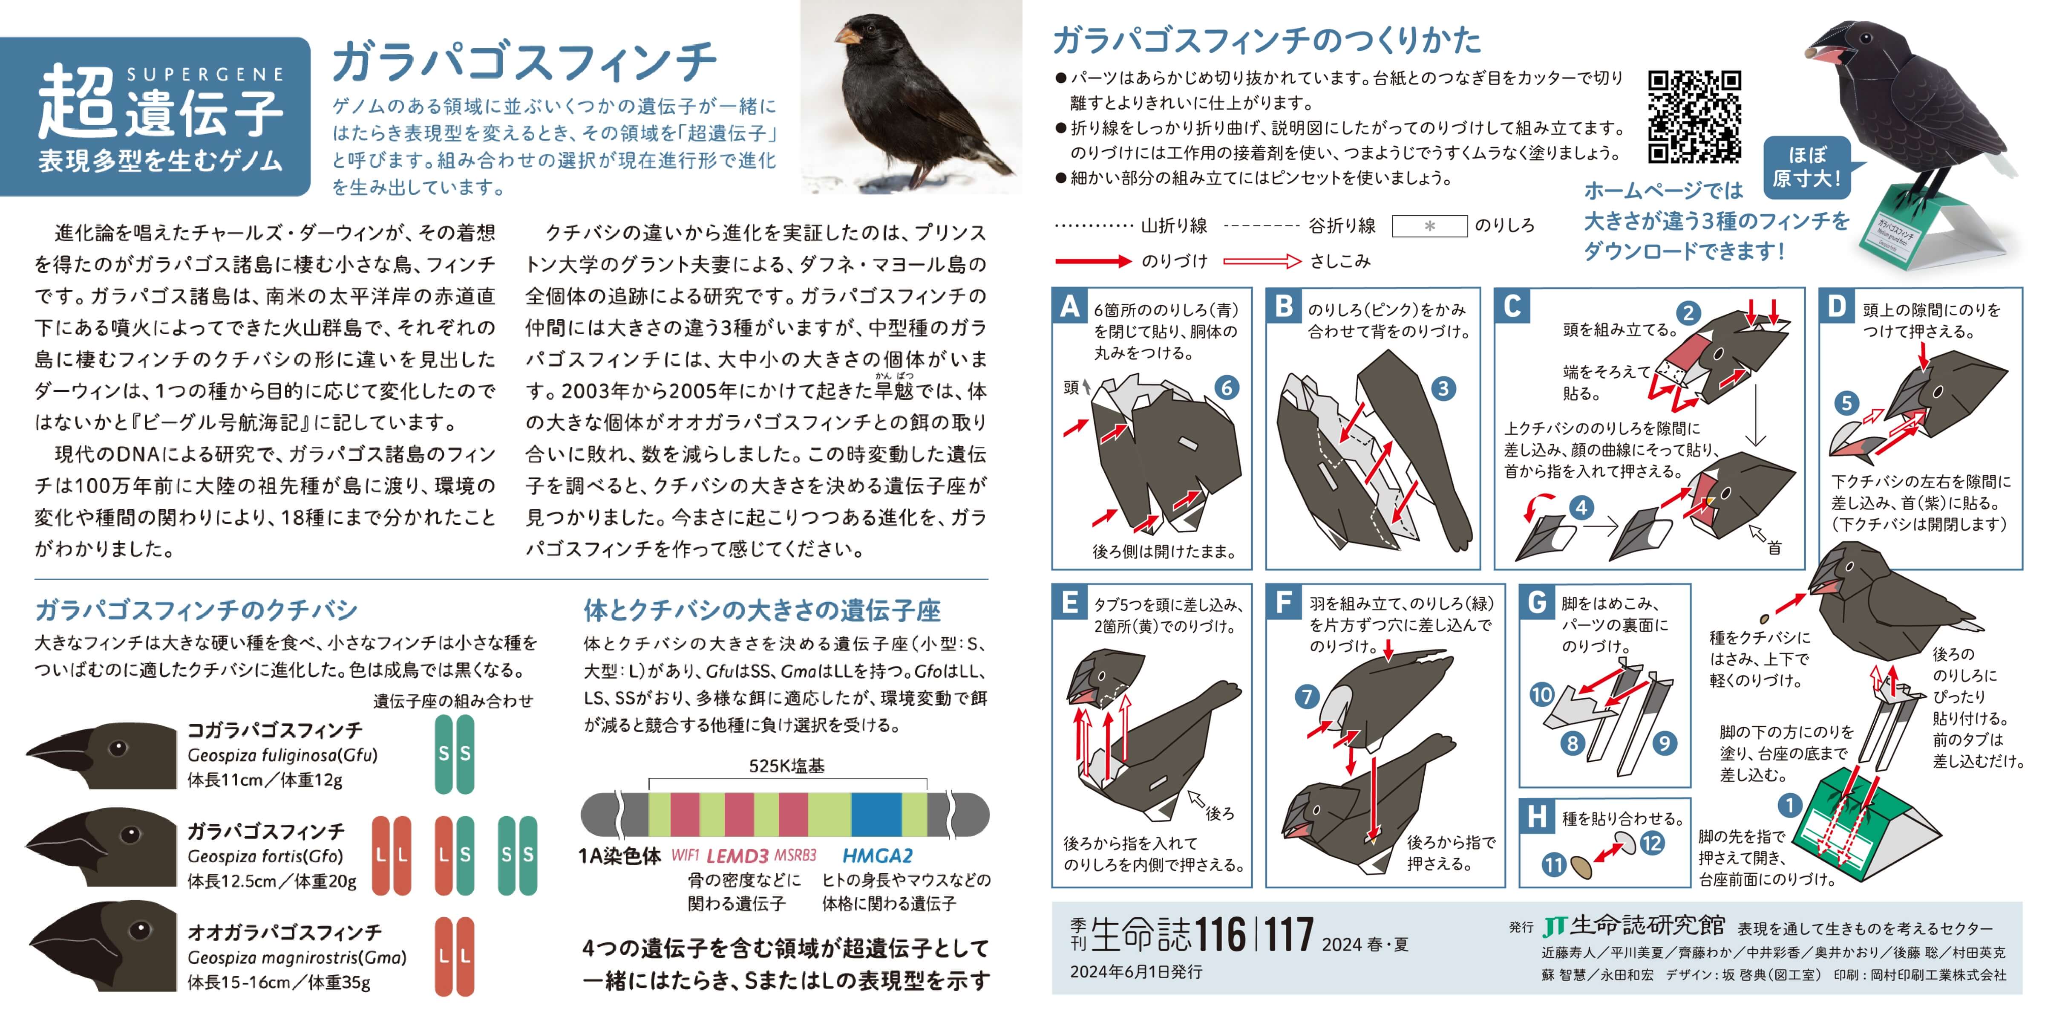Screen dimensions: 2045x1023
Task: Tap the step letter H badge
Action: click(x=1537, y=816)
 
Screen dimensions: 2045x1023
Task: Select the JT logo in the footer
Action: click(x=1554, y=926)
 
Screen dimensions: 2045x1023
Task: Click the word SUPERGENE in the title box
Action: click(x=206, y=75)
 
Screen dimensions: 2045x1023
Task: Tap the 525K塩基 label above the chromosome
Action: click(x=787, y=766)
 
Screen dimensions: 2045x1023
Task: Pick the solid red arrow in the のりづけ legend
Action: click(x=1093, y=260)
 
